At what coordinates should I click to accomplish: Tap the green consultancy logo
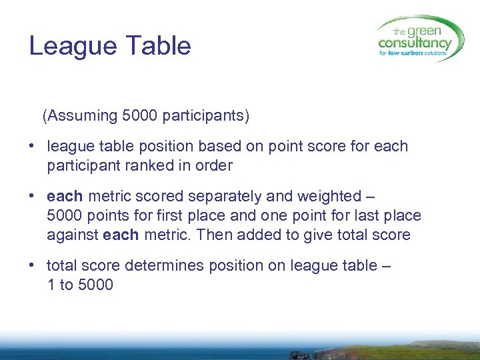(x=419, y=39)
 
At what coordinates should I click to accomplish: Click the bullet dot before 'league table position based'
(x=32, y=146)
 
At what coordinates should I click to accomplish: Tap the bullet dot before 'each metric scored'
(x=32, y=197)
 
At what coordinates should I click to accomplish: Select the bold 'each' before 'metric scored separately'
(x=65, y=197)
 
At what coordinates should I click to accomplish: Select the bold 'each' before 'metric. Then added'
(x=121, y=235)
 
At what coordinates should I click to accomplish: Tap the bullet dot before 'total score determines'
(x=32, y=266)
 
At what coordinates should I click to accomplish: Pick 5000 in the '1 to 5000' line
(x=96, y=285)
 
